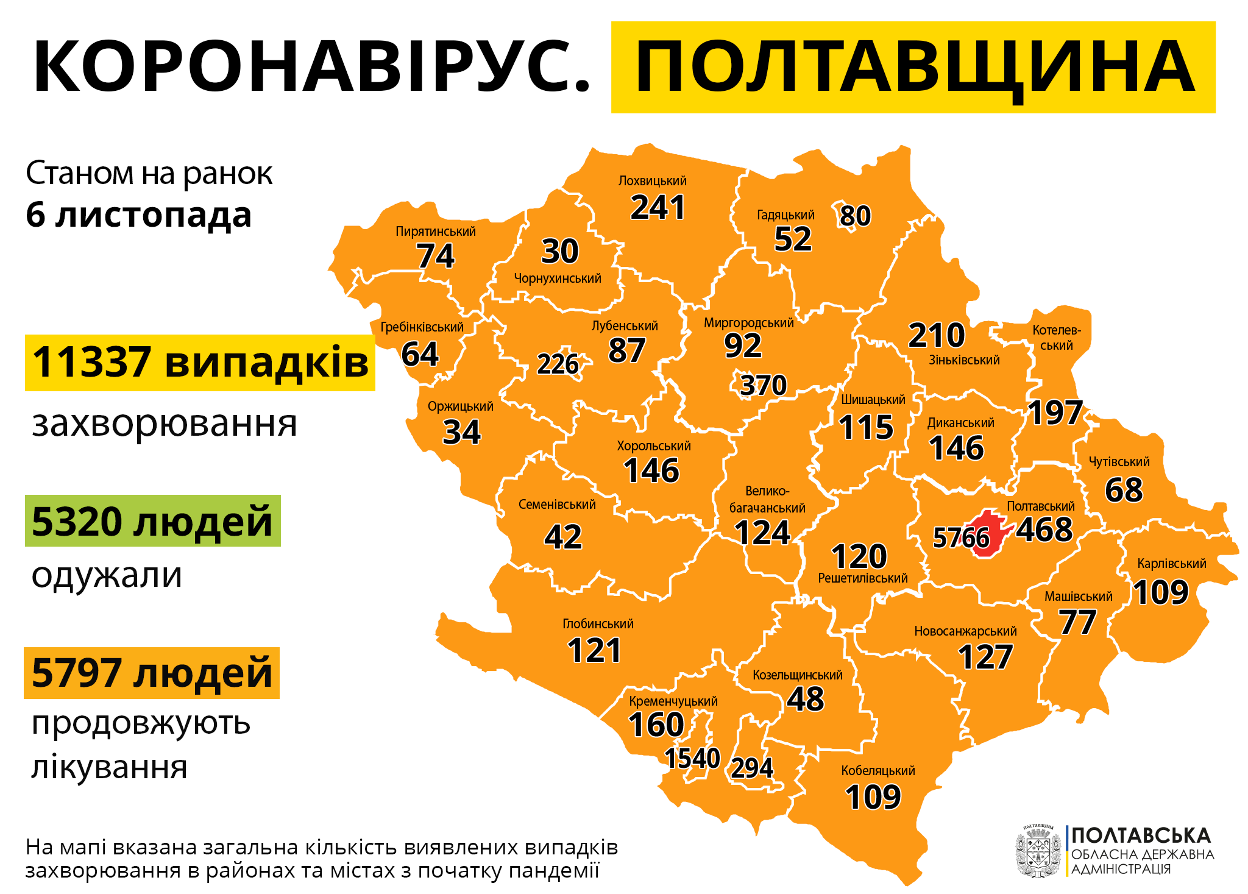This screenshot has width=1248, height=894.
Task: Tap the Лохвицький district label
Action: click(652, 181)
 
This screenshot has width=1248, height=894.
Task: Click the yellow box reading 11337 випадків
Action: click(200, 363)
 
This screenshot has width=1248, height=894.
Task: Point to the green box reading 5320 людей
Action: click(152, 521)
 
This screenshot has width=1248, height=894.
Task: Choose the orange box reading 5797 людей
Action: click(152, 673)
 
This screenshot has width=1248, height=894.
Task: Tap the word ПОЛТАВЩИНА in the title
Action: click(913, 67)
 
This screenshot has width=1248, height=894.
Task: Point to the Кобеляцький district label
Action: click(877, 771)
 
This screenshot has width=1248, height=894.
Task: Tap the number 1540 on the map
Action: click(692, 759)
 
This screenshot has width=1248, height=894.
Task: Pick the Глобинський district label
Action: click(598, 624)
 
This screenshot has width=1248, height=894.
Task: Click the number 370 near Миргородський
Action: click(764, 385)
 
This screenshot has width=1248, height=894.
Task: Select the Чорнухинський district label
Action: click(558, 278)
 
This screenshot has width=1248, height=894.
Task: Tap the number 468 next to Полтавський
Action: click(1044, 530)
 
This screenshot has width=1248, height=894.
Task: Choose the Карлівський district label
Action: click(1171, 564)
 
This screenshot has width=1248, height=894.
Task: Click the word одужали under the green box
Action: click(107, 575)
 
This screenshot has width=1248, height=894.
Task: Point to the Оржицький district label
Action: click(460, 406)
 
